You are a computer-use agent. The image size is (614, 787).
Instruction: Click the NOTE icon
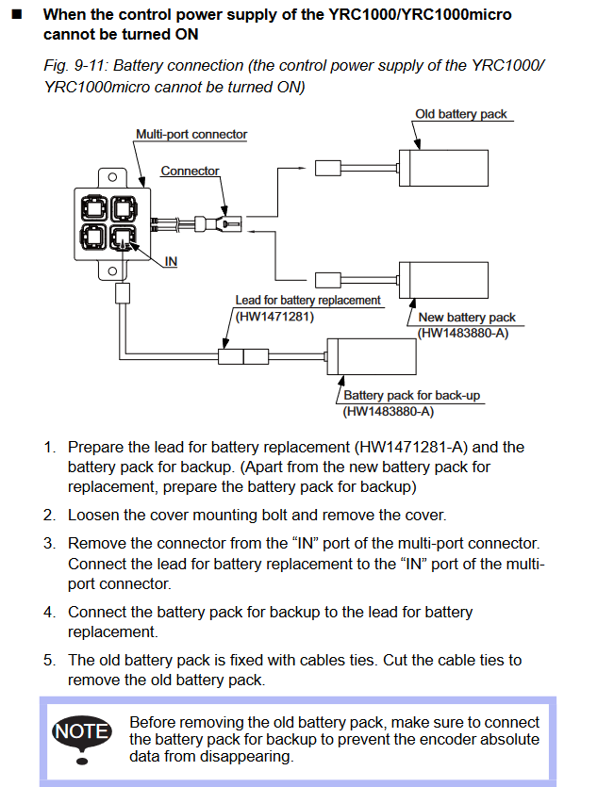click(82, 731)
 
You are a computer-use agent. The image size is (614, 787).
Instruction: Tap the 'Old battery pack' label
click(460, 114)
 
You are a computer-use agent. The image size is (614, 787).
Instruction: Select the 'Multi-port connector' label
click(191, 135)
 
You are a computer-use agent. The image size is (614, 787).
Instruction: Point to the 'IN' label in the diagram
click(171, 261)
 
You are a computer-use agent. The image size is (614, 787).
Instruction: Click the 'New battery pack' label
click(467, 318)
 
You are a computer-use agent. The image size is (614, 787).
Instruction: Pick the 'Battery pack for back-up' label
click(413, 396)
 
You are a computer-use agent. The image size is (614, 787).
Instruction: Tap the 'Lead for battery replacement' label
click(307, 300)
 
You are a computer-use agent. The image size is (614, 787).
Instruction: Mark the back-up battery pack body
click(376, 356)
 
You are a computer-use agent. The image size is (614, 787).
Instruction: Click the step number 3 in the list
click(49, 544)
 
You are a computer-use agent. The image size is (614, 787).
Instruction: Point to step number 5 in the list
click(49, 660)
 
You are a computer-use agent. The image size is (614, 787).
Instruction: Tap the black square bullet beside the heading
click(16, 15)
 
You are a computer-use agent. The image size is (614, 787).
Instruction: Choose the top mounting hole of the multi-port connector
click(112, 176)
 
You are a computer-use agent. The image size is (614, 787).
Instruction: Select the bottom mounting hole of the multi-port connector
click(112, 271)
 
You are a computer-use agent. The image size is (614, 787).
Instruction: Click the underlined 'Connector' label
click(190, 172)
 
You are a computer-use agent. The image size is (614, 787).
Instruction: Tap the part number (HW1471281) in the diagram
click(274, 317)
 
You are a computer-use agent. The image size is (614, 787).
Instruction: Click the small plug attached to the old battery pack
click(326, 170)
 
